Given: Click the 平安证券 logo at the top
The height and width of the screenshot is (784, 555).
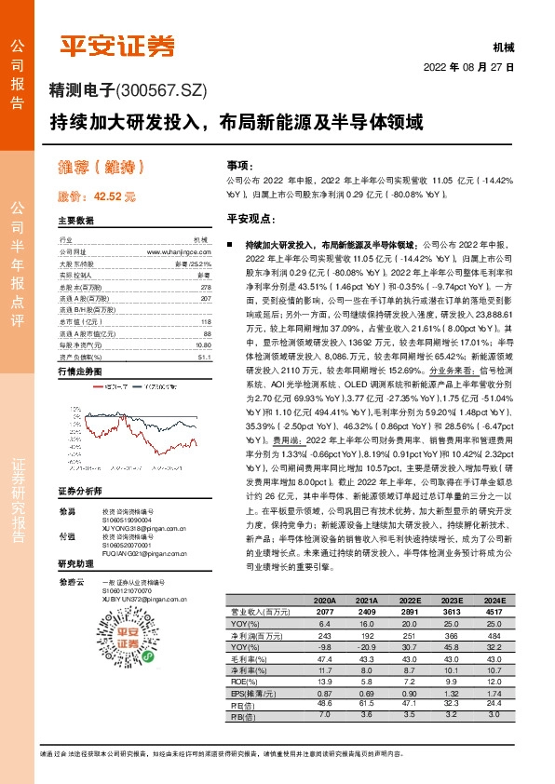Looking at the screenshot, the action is (117, 46).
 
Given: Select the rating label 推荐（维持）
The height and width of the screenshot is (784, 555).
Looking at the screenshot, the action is (101, 169).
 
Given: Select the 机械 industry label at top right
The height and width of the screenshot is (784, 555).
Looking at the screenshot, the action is (503, 47).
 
